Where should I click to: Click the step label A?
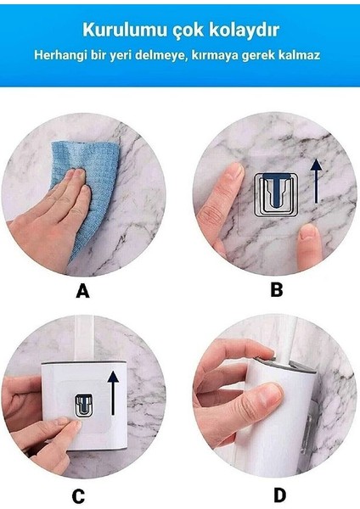82,290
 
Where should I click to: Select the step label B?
277,289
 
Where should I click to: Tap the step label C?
78,496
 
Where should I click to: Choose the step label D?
279,495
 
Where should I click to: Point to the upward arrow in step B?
316,181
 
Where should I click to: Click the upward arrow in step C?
113,393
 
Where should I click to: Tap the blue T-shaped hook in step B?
276,189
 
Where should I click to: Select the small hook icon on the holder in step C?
83,406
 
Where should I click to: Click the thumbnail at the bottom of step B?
309,232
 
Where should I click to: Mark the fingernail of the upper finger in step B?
235,171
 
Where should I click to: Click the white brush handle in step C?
84,339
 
